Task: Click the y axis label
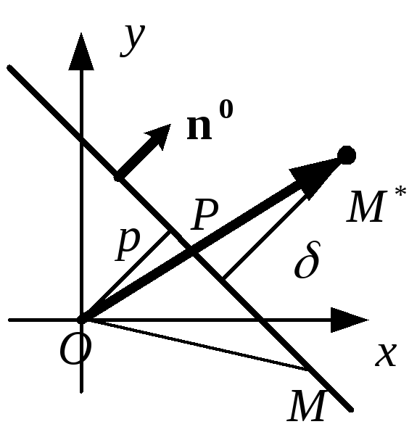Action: tap(133, 41)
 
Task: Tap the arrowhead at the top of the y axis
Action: tap(81, 51)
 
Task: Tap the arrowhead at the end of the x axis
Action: tap(350, 320)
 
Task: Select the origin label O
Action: tap(75, 349)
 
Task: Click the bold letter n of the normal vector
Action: tap(199, 127)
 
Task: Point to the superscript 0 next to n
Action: tap(226, 109)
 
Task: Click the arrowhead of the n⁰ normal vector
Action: tap(159, 136)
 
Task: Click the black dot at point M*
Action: tap(347, 155)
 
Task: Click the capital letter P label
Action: tap(205, 215)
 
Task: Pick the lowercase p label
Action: tap(128, 245)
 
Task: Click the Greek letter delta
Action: tap(307, 260)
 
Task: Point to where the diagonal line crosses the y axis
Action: tap(81, 139)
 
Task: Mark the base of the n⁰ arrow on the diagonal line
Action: tap(119, 178)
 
